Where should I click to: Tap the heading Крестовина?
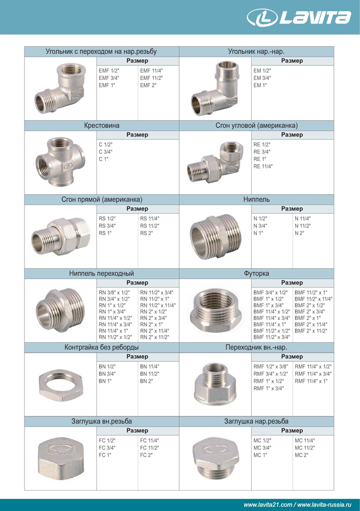pos(102,125)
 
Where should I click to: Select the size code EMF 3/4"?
pos(109,78)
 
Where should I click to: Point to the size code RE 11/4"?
pos(263,166)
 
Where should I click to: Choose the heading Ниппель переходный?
pos(102,273)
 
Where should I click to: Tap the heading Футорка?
pos(256,273)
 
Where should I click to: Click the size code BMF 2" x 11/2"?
pos(312,330)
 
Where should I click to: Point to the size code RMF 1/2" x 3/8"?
pos(271,366)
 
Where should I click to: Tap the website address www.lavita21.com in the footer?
pos(268,505)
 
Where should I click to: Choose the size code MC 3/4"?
pos(262,447)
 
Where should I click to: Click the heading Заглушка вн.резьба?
pos(102,422)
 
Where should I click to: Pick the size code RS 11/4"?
pos(151,218)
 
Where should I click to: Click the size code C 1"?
pos(104,159)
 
